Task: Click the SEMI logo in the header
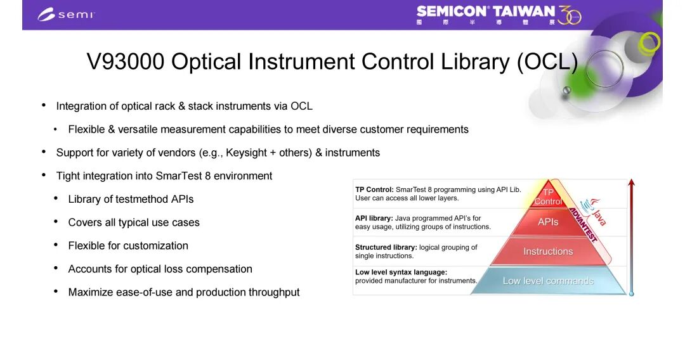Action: (x=66, y=14)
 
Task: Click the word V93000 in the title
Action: (x=126, y=61)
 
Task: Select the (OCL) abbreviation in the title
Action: (x=547, y=61)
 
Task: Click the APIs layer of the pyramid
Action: (x=548, y=222)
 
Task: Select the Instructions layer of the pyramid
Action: (x=548, y=252)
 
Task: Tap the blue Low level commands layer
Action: (x=548, y=281)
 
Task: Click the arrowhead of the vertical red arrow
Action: (x=631, y=183)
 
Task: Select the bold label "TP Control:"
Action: (x=374, y=190)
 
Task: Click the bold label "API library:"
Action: (x=374, y=218)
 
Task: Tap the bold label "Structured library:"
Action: (x=386, y=247)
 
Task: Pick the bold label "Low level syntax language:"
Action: (x=401, y=272)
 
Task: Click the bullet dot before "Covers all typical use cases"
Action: (x=56, y=222)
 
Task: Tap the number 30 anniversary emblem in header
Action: (x=570, y=16)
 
